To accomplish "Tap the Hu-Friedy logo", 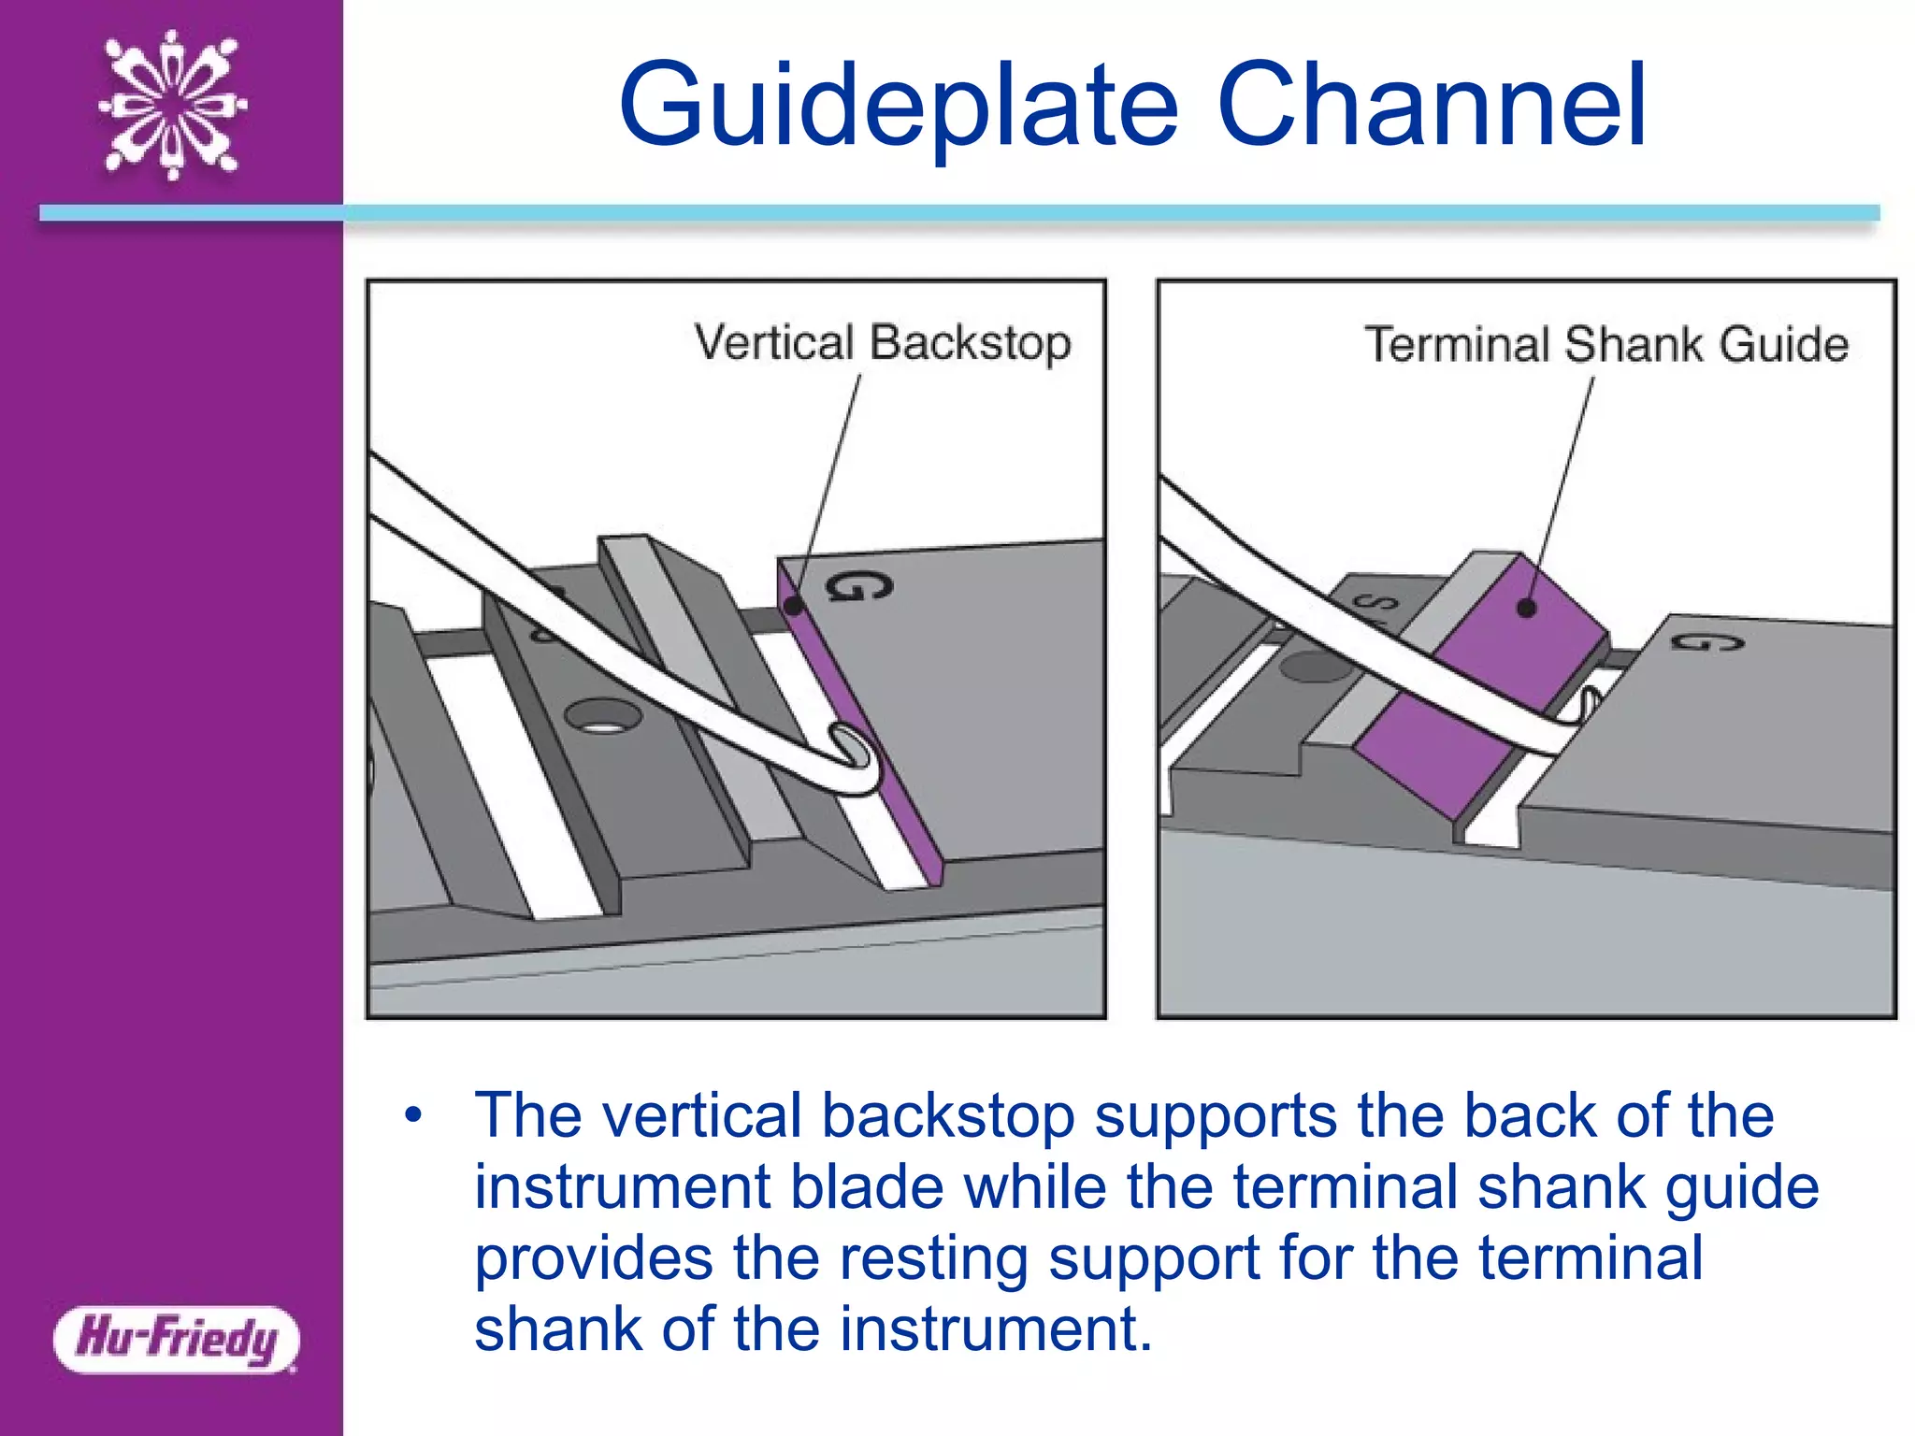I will [x=176, y=1339].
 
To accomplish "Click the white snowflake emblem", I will [x=172, y=105].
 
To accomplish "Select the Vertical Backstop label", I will [x=882, y=343].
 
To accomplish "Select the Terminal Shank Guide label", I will [x=1605, y=345].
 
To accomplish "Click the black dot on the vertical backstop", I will [x=793, y=605].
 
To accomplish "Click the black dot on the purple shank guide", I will [x=1526, y=608].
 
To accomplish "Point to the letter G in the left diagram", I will [x=857, y=587].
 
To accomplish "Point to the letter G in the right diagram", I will [x=1707, y=642].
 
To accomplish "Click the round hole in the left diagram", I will [x=604, y=718].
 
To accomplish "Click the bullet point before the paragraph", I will [x=413, y=1115].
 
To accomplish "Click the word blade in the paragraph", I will [x=867, y=1186].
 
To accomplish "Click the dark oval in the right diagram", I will [x=1314, y=667].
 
